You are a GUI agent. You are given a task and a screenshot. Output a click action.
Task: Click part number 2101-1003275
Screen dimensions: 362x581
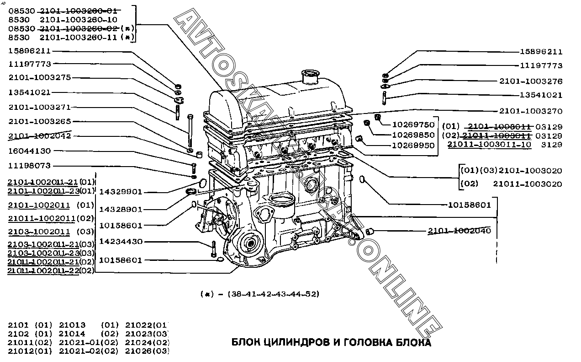40,78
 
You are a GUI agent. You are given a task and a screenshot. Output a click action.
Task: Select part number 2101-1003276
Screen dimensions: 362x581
531,81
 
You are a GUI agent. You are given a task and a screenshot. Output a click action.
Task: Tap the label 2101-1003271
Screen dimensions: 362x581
40,107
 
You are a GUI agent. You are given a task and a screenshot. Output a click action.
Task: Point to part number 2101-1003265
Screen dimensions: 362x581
40,122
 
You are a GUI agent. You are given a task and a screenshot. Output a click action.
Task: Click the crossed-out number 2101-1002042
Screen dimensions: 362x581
40,136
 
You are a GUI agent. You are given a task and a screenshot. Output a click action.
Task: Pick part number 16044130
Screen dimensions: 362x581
29,151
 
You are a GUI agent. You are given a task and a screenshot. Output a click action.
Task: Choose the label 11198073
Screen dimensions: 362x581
29,166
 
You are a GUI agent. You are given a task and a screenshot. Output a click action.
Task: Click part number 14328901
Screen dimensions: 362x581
121,209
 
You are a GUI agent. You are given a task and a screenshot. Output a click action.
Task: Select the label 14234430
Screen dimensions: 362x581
121,242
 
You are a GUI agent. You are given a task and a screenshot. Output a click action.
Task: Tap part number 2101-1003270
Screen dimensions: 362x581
531,111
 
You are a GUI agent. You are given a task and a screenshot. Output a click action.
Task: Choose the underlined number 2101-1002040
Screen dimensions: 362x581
459,231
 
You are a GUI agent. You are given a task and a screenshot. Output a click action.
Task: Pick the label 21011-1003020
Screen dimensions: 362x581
528,184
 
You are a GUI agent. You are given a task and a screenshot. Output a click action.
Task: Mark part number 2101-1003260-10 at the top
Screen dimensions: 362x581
79,19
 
